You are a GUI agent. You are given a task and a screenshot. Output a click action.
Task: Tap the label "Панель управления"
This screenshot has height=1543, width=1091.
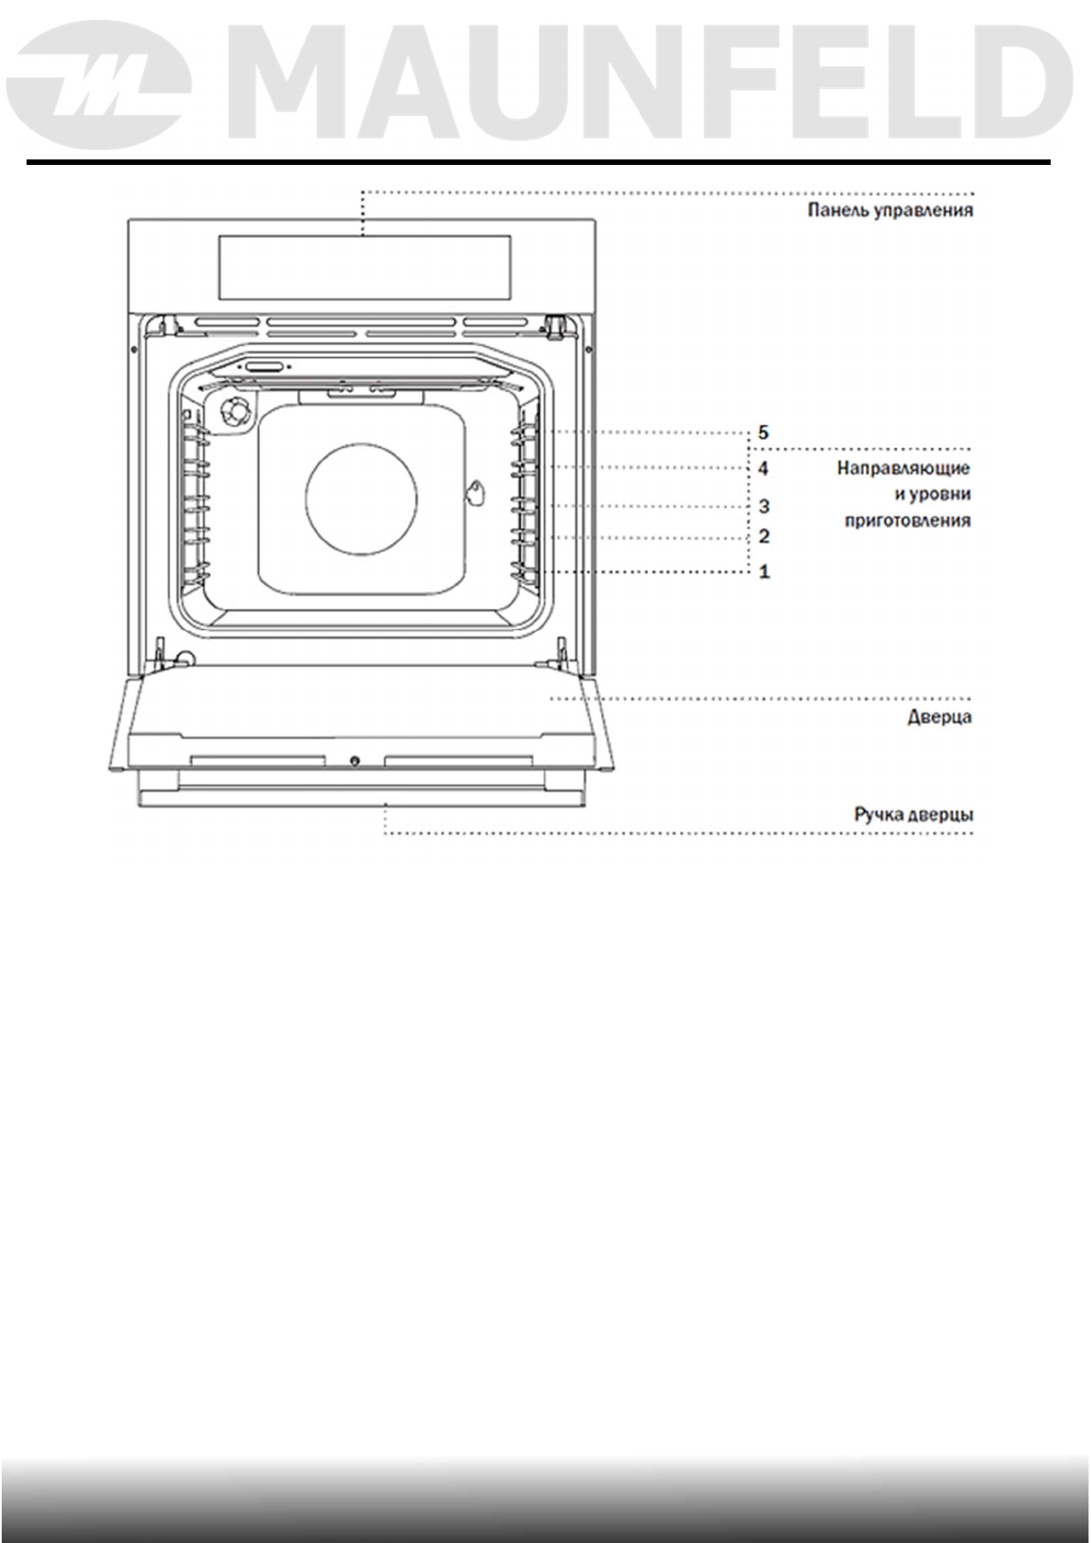point(889,211)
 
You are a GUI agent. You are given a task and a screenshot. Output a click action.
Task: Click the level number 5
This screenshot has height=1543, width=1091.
point(763,432)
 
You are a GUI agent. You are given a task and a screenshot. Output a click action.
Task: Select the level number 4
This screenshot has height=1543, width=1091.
point(763,469)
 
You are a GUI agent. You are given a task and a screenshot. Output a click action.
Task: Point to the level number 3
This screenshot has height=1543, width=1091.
point(763,506)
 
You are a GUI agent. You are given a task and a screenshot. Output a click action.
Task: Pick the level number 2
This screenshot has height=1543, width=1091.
point(763,537)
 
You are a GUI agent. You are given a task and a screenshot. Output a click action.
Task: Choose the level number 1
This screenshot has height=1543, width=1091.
point(763,572)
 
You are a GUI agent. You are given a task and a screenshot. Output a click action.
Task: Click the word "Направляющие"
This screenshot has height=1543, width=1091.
point(903,469)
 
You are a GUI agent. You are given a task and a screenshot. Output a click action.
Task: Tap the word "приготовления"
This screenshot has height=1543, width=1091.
point(906,521)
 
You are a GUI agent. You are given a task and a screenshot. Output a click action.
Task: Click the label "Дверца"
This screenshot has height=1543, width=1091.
point(939,717)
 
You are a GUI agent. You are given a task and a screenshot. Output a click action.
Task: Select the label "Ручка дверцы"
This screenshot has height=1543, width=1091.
point(913,815)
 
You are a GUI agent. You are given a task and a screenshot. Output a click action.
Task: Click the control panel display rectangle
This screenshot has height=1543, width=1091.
point(363,267)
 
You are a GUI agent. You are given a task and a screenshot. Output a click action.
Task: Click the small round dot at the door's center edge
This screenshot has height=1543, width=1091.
point(355,761)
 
